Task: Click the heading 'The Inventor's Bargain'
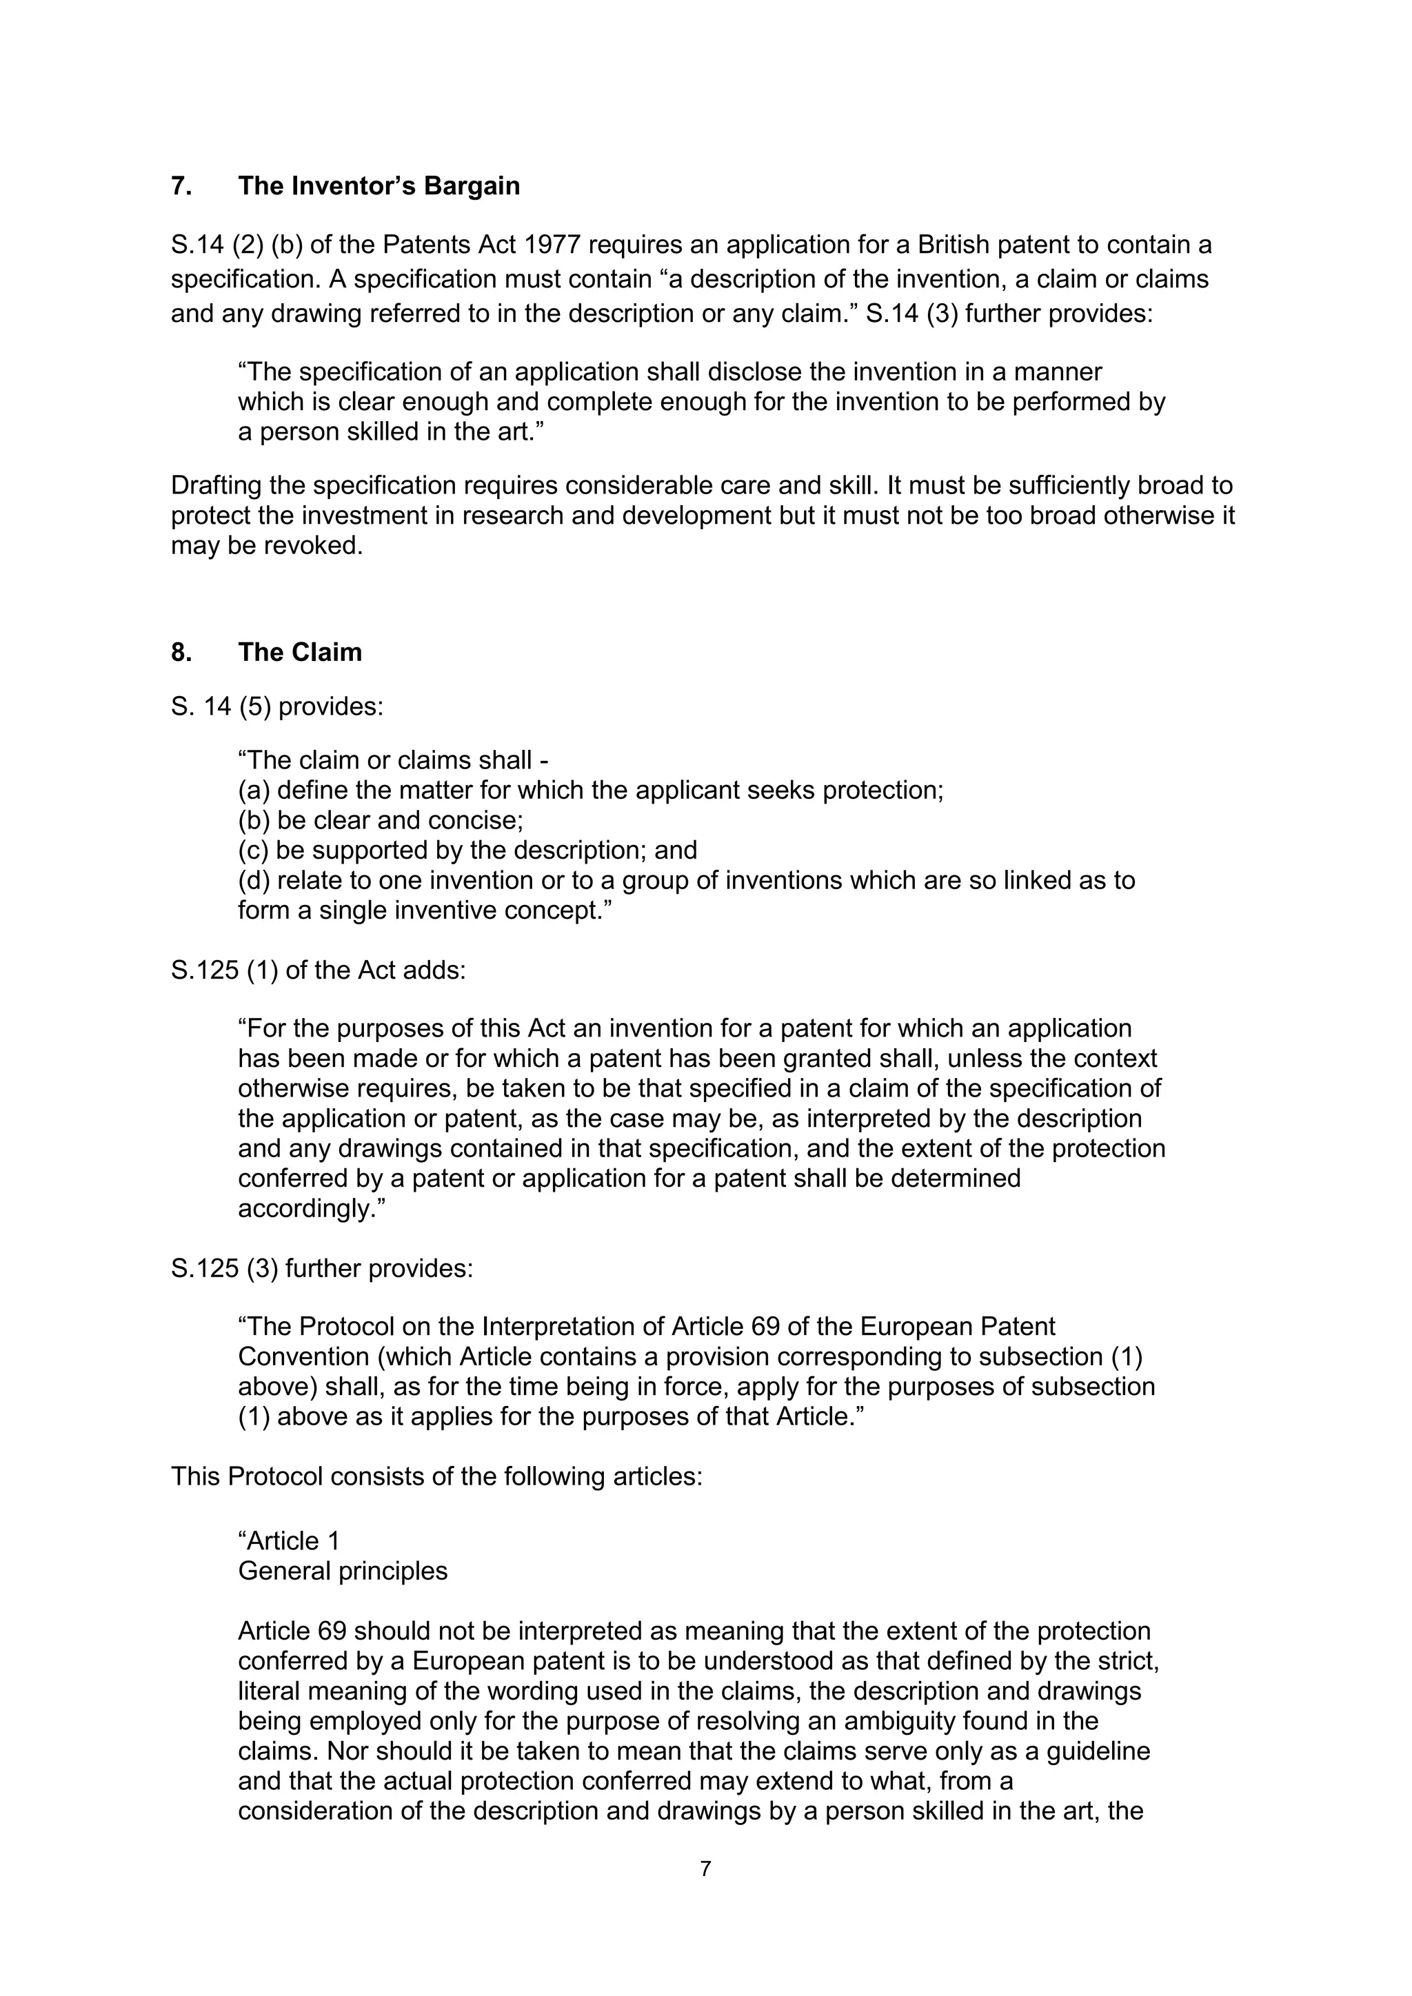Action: (x=379, y=186)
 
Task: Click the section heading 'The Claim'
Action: (x=299, y=652)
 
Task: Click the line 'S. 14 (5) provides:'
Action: (x=276, y=706)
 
